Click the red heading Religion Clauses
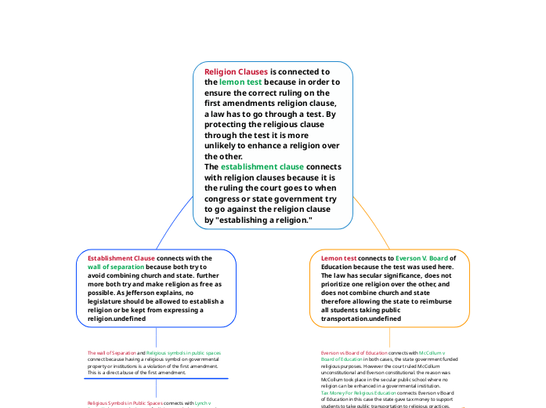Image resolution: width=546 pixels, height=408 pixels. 236,71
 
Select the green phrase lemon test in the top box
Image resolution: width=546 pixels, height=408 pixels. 240,82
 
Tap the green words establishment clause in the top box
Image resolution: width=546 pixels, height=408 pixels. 262,166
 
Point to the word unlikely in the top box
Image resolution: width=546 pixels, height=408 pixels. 226,146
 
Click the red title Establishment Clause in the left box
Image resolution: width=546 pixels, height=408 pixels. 121,258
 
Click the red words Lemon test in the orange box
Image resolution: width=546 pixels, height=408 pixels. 338,258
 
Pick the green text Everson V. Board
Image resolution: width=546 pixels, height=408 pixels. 421,258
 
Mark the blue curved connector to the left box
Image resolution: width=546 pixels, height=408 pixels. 173,225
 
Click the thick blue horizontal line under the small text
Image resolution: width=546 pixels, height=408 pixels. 155,378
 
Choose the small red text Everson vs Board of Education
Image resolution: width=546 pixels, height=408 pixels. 353,353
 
